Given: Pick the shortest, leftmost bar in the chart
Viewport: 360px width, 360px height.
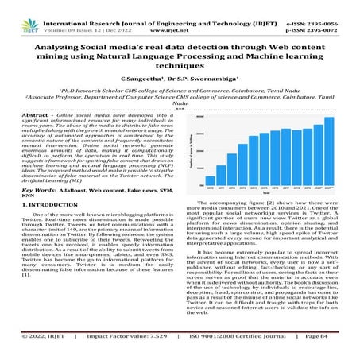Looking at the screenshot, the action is [210, 185].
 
